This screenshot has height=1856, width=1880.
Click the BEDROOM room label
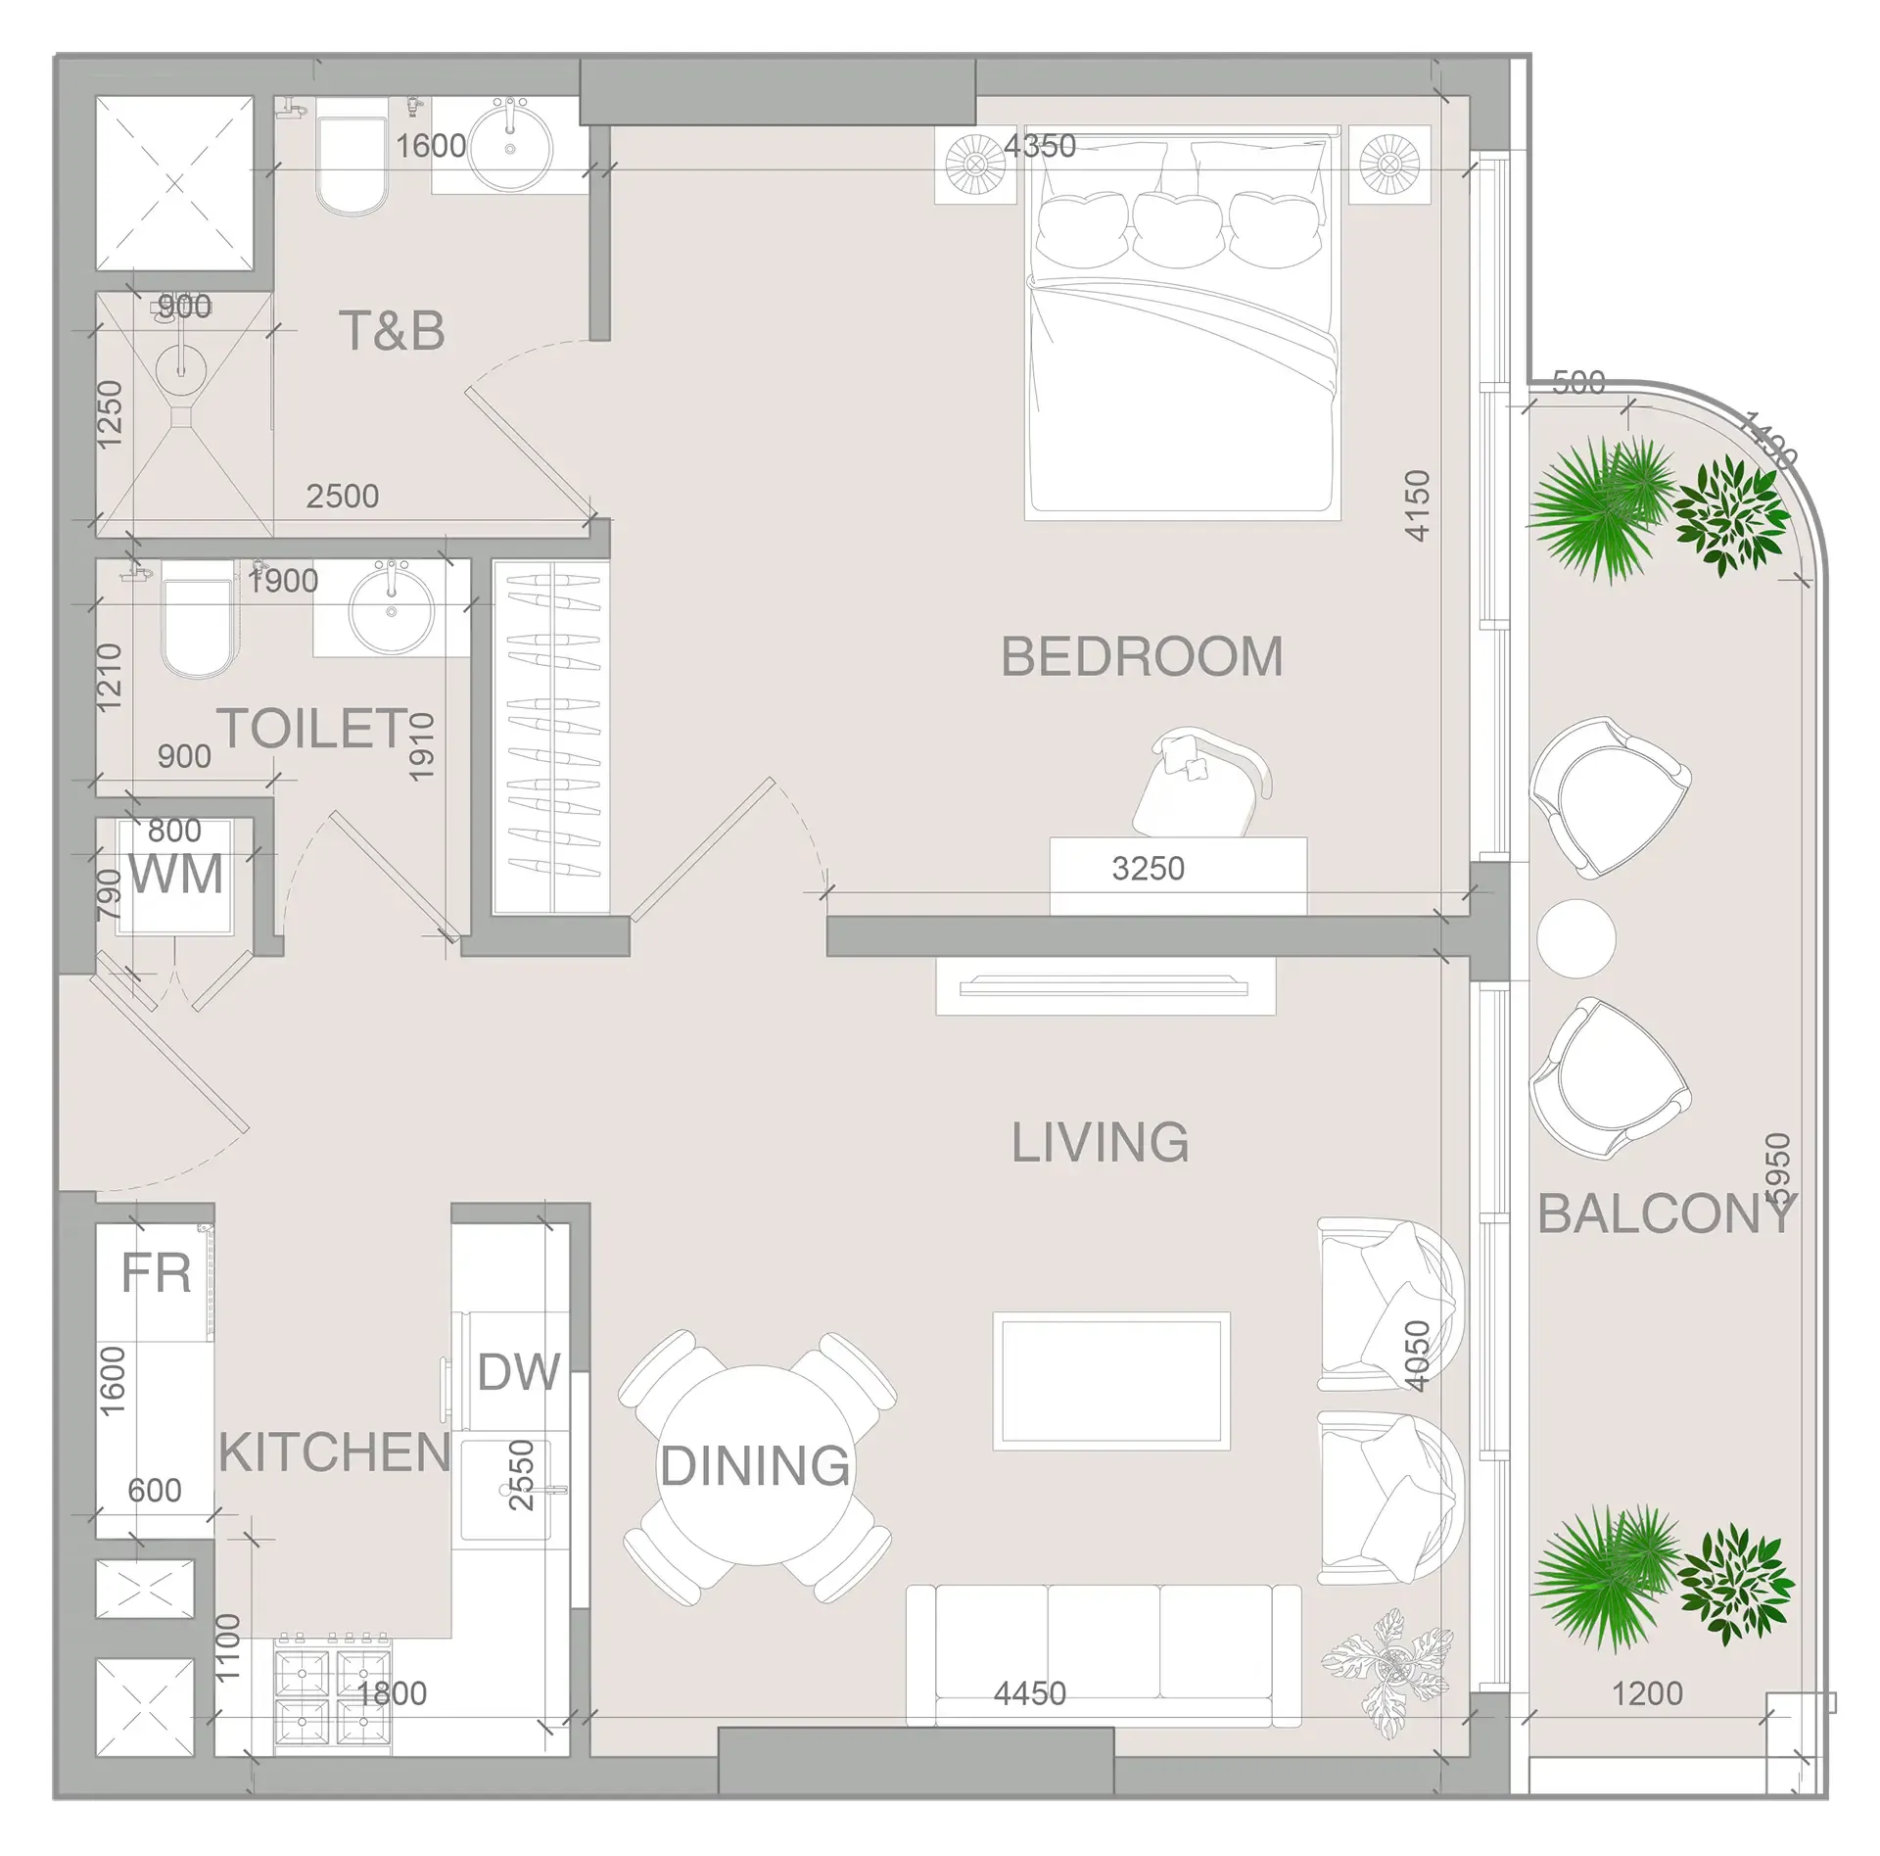pos(1142,657)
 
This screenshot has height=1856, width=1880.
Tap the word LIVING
pos(1100,1143)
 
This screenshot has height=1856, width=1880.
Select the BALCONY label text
pos(1666,1215)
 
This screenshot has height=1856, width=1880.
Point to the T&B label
pos(392,331)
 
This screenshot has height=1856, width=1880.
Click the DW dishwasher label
pos(518,1372)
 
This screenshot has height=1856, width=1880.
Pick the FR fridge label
pos(156,1274)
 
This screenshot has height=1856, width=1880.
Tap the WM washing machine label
pos(176,875)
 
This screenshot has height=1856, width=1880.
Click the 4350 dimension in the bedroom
pos(1040,147)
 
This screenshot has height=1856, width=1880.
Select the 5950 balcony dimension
pos(1775,1171)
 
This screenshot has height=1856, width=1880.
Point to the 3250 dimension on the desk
pos(1148,869)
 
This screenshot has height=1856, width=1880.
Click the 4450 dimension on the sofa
pos(1029,1693)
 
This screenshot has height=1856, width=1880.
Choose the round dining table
pos(755,1465)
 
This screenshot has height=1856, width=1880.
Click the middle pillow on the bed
pos(1179,229)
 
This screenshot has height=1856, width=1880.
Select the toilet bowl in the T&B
pos(352,167)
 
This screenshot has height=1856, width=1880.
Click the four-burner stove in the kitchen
pos(332,1700)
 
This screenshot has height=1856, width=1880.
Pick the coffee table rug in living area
pos(1111,1381)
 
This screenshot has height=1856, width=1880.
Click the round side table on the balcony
pos(1575,938)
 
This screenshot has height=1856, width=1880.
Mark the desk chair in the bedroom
pos(1202,780)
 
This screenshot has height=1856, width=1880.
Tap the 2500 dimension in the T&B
pos(342,497)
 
